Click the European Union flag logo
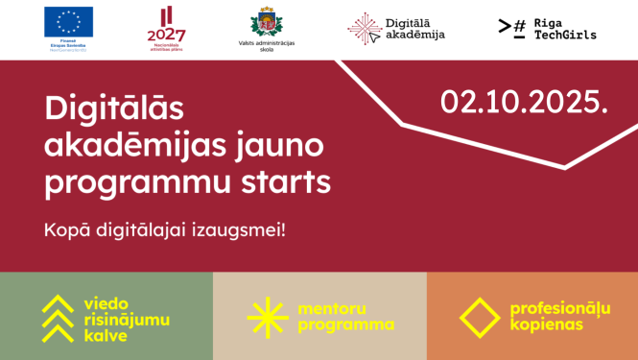pos(68,20)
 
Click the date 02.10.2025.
pos(524,103)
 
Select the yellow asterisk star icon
pos(268,316)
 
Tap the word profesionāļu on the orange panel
pos(560,309)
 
